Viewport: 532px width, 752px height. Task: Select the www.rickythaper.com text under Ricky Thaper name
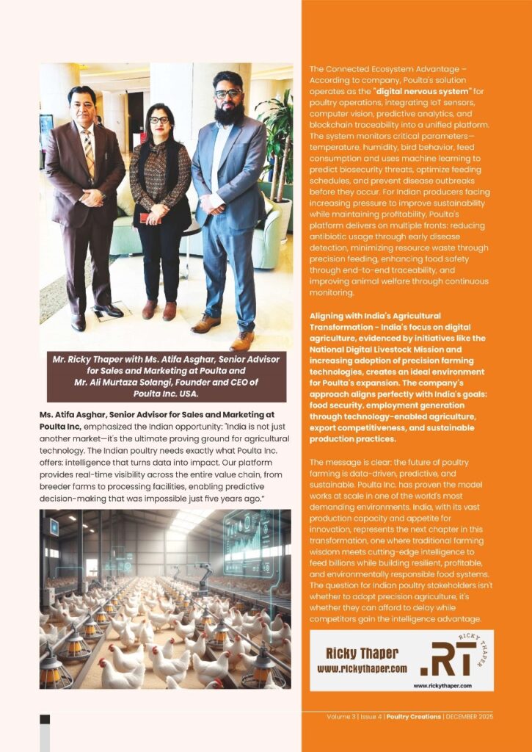(362, 670)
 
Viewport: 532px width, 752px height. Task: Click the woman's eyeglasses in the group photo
(158, 120)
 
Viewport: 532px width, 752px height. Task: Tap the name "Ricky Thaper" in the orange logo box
(362, 654)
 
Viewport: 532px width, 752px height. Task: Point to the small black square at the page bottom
(45, 719)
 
